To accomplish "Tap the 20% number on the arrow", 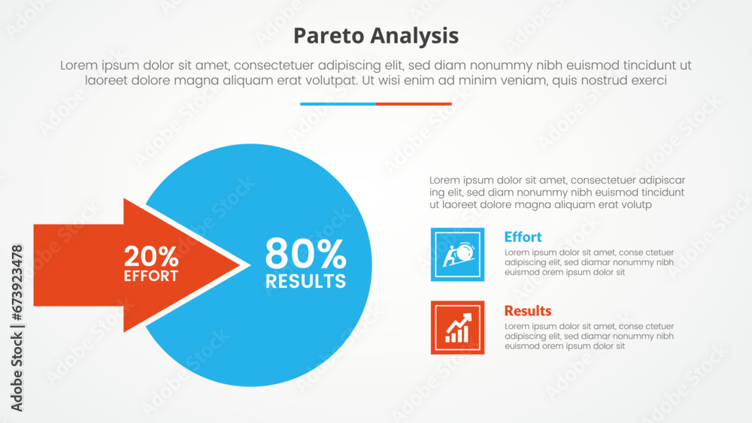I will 151,256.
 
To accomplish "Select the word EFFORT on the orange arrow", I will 151,276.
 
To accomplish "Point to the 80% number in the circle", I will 305,255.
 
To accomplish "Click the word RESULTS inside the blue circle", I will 305,282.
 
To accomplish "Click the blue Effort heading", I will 523,237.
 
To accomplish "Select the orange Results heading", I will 527,310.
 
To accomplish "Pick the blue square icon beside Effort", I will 457,254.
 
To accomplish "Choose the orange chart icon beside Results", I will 457,328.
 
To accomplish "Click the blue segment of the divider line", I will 338,104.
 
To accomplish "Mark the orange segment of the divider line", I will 414,104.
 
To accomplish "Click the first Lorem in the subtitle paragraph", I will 80,65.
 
